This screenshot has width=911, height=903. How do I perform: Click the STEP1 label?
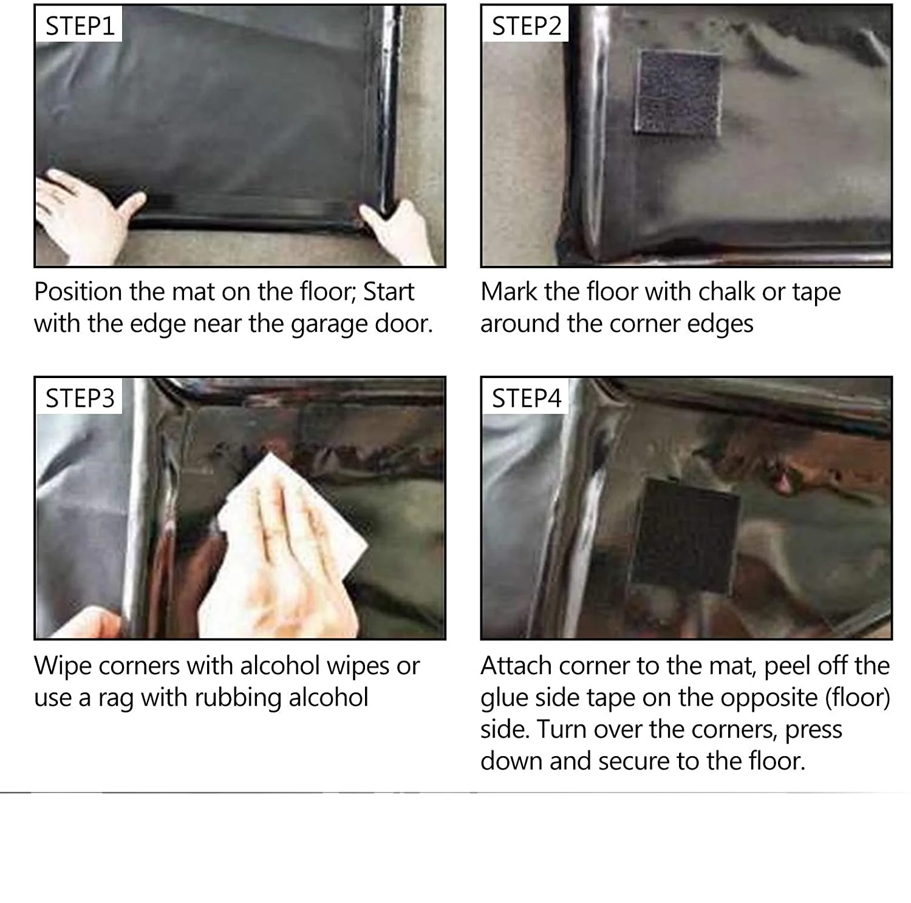coord(80,25)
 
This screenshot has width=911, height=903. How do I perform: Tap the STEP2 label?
coord(527,25)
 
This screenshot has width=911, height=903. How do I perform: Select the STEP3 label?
coord(80,398)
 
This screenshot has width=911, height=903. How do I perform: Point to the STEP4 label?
coord(527,398)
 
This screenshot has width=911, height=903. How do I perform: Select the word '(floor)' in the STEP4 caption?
coord(858,698)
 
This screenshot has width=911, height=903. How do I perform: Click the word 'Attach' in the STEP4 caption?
coord(516,666)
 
